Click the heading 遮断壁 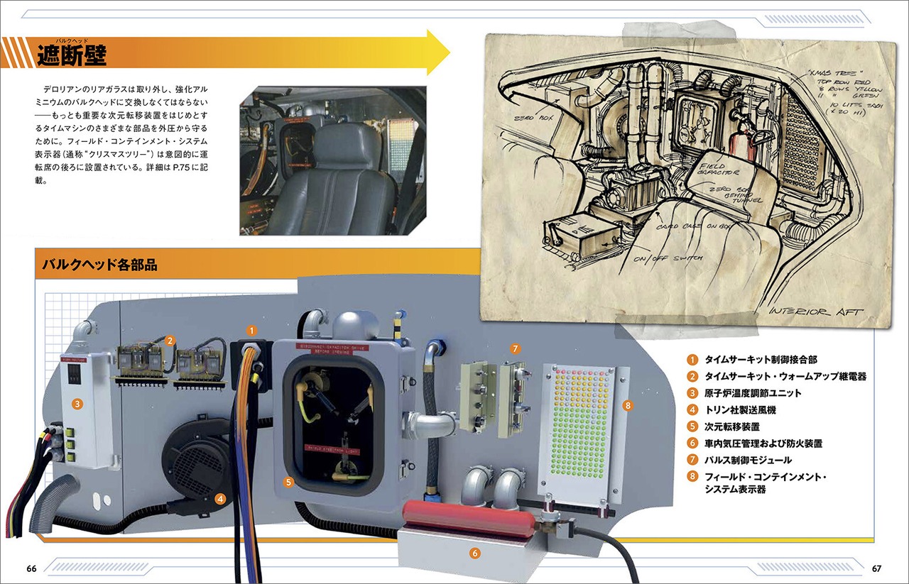[x=72, y=55]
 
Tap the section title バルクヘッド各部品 [x=99, y=265]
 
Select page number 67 [x=878, y=568]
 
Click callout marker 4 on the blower [x=221, y=499]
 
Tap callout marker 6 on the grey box [x=474, y=550]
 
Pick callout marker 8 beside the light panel [x=627, y=405]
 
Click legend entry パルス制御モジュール [x=747, y=460]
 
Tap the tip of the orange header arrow [x=449, y=52]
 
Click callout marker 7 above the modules [x=516, y=348]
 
